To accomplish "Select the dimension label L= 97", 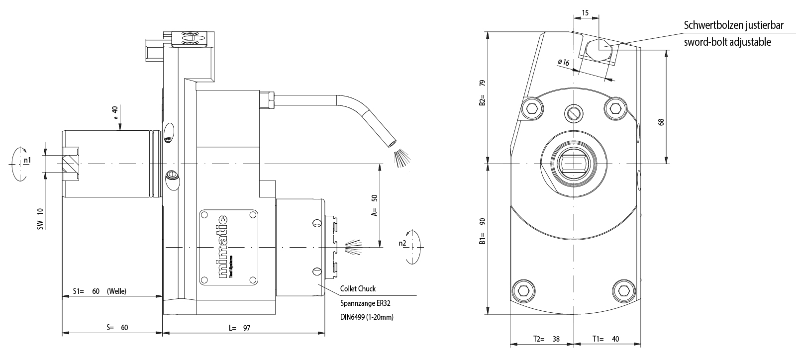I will click(239, 328).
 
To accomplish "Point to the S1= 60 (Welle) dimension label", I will click(99, 291).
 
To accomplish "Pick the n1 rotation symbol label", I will click(27, 160).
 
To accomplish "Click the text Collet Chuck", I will click(358, 288).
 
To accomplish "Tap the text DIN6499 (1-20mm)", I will click(367, 317).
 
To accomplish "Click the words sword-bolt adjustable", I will click(727, 42).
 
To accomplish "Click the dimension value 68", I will click(661, 122).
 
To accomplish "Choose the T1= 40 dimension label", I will click(605, 339).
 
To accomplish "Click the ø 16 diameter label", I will click(564, 62).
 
